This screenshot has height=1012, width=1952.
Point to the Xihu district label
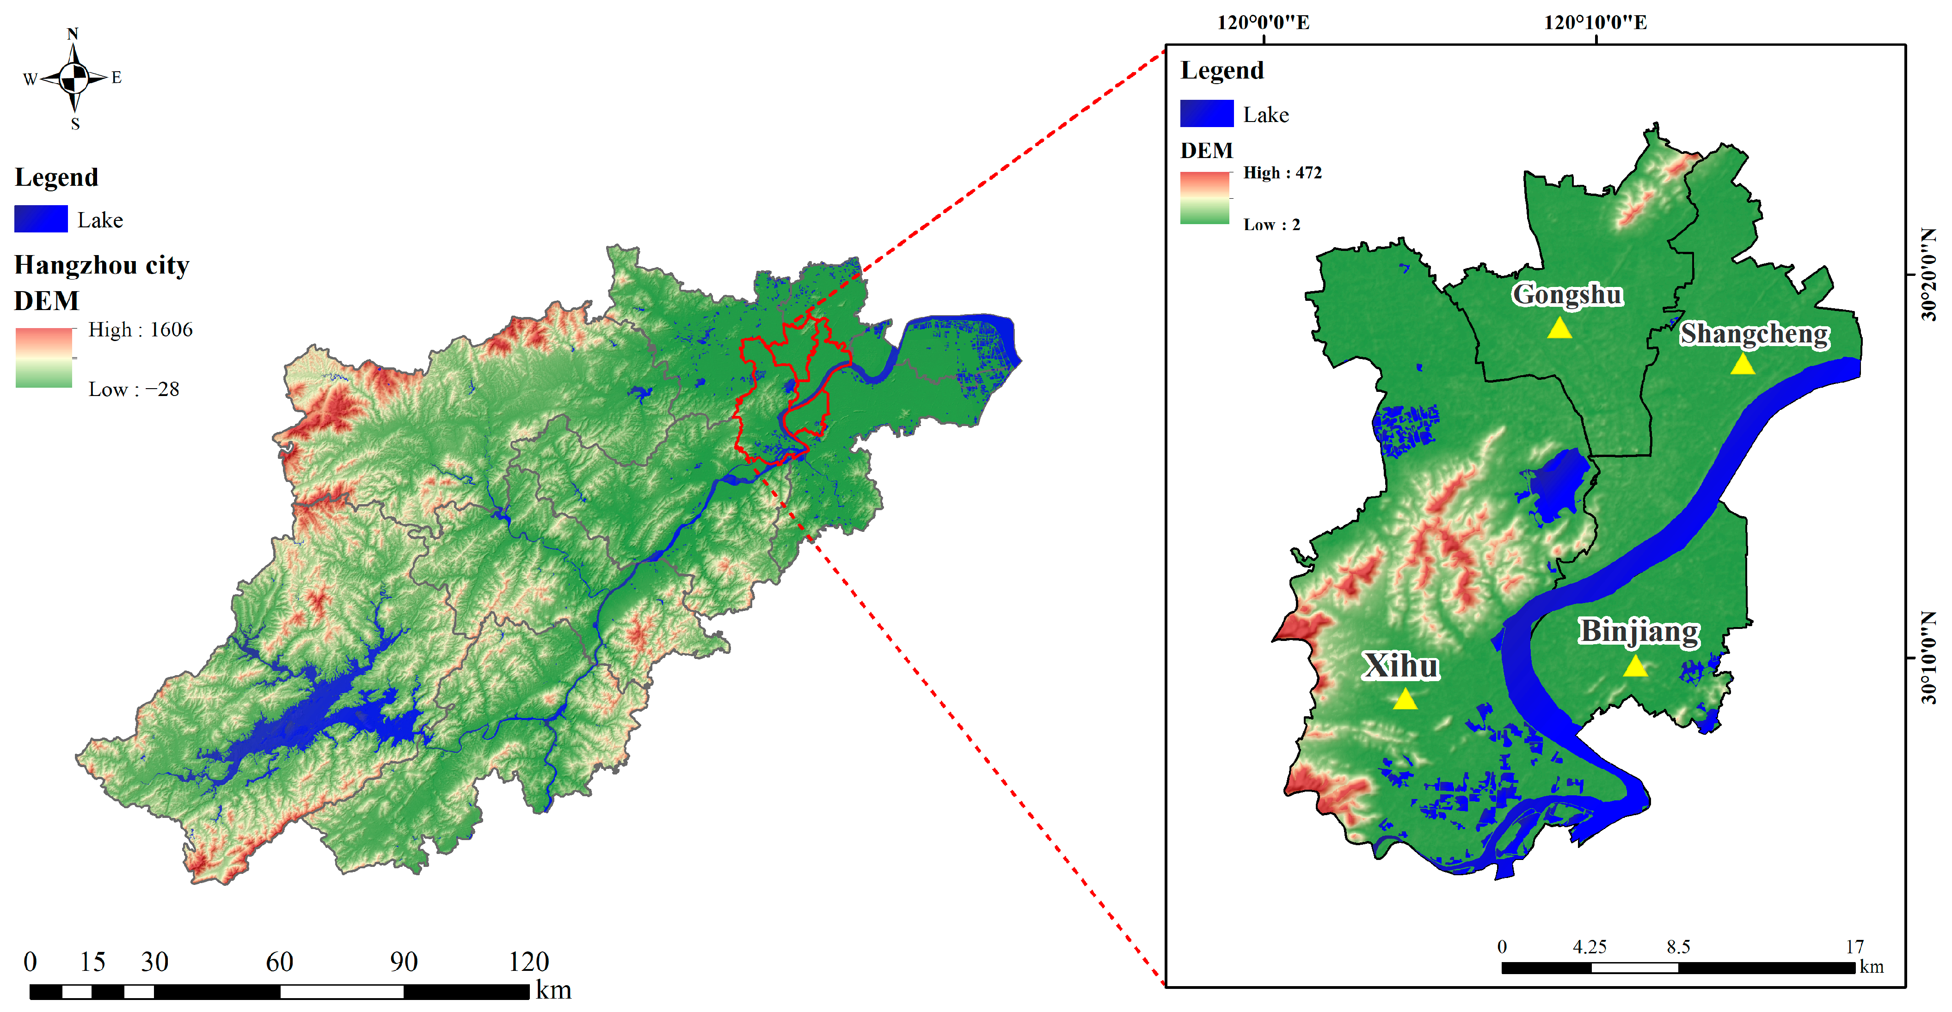tap(1400, 666)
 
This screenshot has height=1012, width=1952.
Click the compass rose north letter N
tap(73, 34)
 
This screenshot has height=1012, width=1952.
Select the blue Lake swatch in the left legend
tap(41, 219)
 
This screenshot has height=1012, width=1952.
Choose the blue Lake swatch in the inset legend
tap(1206, 114)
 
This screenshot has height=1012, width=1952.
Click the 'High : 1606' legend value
tap(140, 329)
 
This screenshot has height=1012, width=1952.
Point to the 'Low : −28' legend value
tap(133, 390)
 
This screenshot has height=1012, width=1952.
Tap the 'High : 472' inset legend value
tap(1282, 173)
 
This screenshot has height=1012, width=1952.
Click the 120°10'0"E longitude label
tap(1595, 23)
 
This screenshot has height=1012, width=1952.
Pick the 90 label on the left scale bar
tap(404, 962)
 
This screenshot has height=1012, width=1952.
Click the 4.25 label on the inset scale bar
tap(1589, 947)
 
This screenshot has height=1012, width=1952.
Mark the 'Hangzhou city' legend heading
tap(102, 265)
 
